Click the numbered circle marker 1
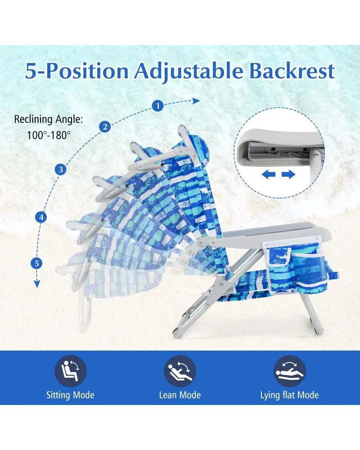click(x=157, y=106)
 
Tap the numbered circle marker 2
click(x=105, y=126)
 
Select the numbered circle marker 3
click(x=61, y=169)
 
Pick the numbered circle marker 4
click(x=41, y=217)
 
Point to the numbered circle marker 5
click(x=36, y=263)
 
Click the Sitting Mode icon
click(x=70, y=371)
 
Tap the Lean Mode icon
click(x=180, y=371)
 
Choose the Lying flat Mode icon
click(x=289, y=371)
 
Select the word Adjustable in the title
click(x=189, y=72)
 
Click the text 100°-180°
click(x=49, y=135)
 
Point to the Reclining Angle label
click(x=49, y=119)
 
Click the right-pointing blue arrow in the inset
click(x=288, y=174)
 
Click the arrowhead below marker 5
click(x=37, y=284)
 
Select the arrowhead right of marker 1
click(x=196, y=101)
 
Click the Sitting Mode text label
click(x=70, y=395)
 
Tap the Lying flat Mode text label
click(x=289, y=395)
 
